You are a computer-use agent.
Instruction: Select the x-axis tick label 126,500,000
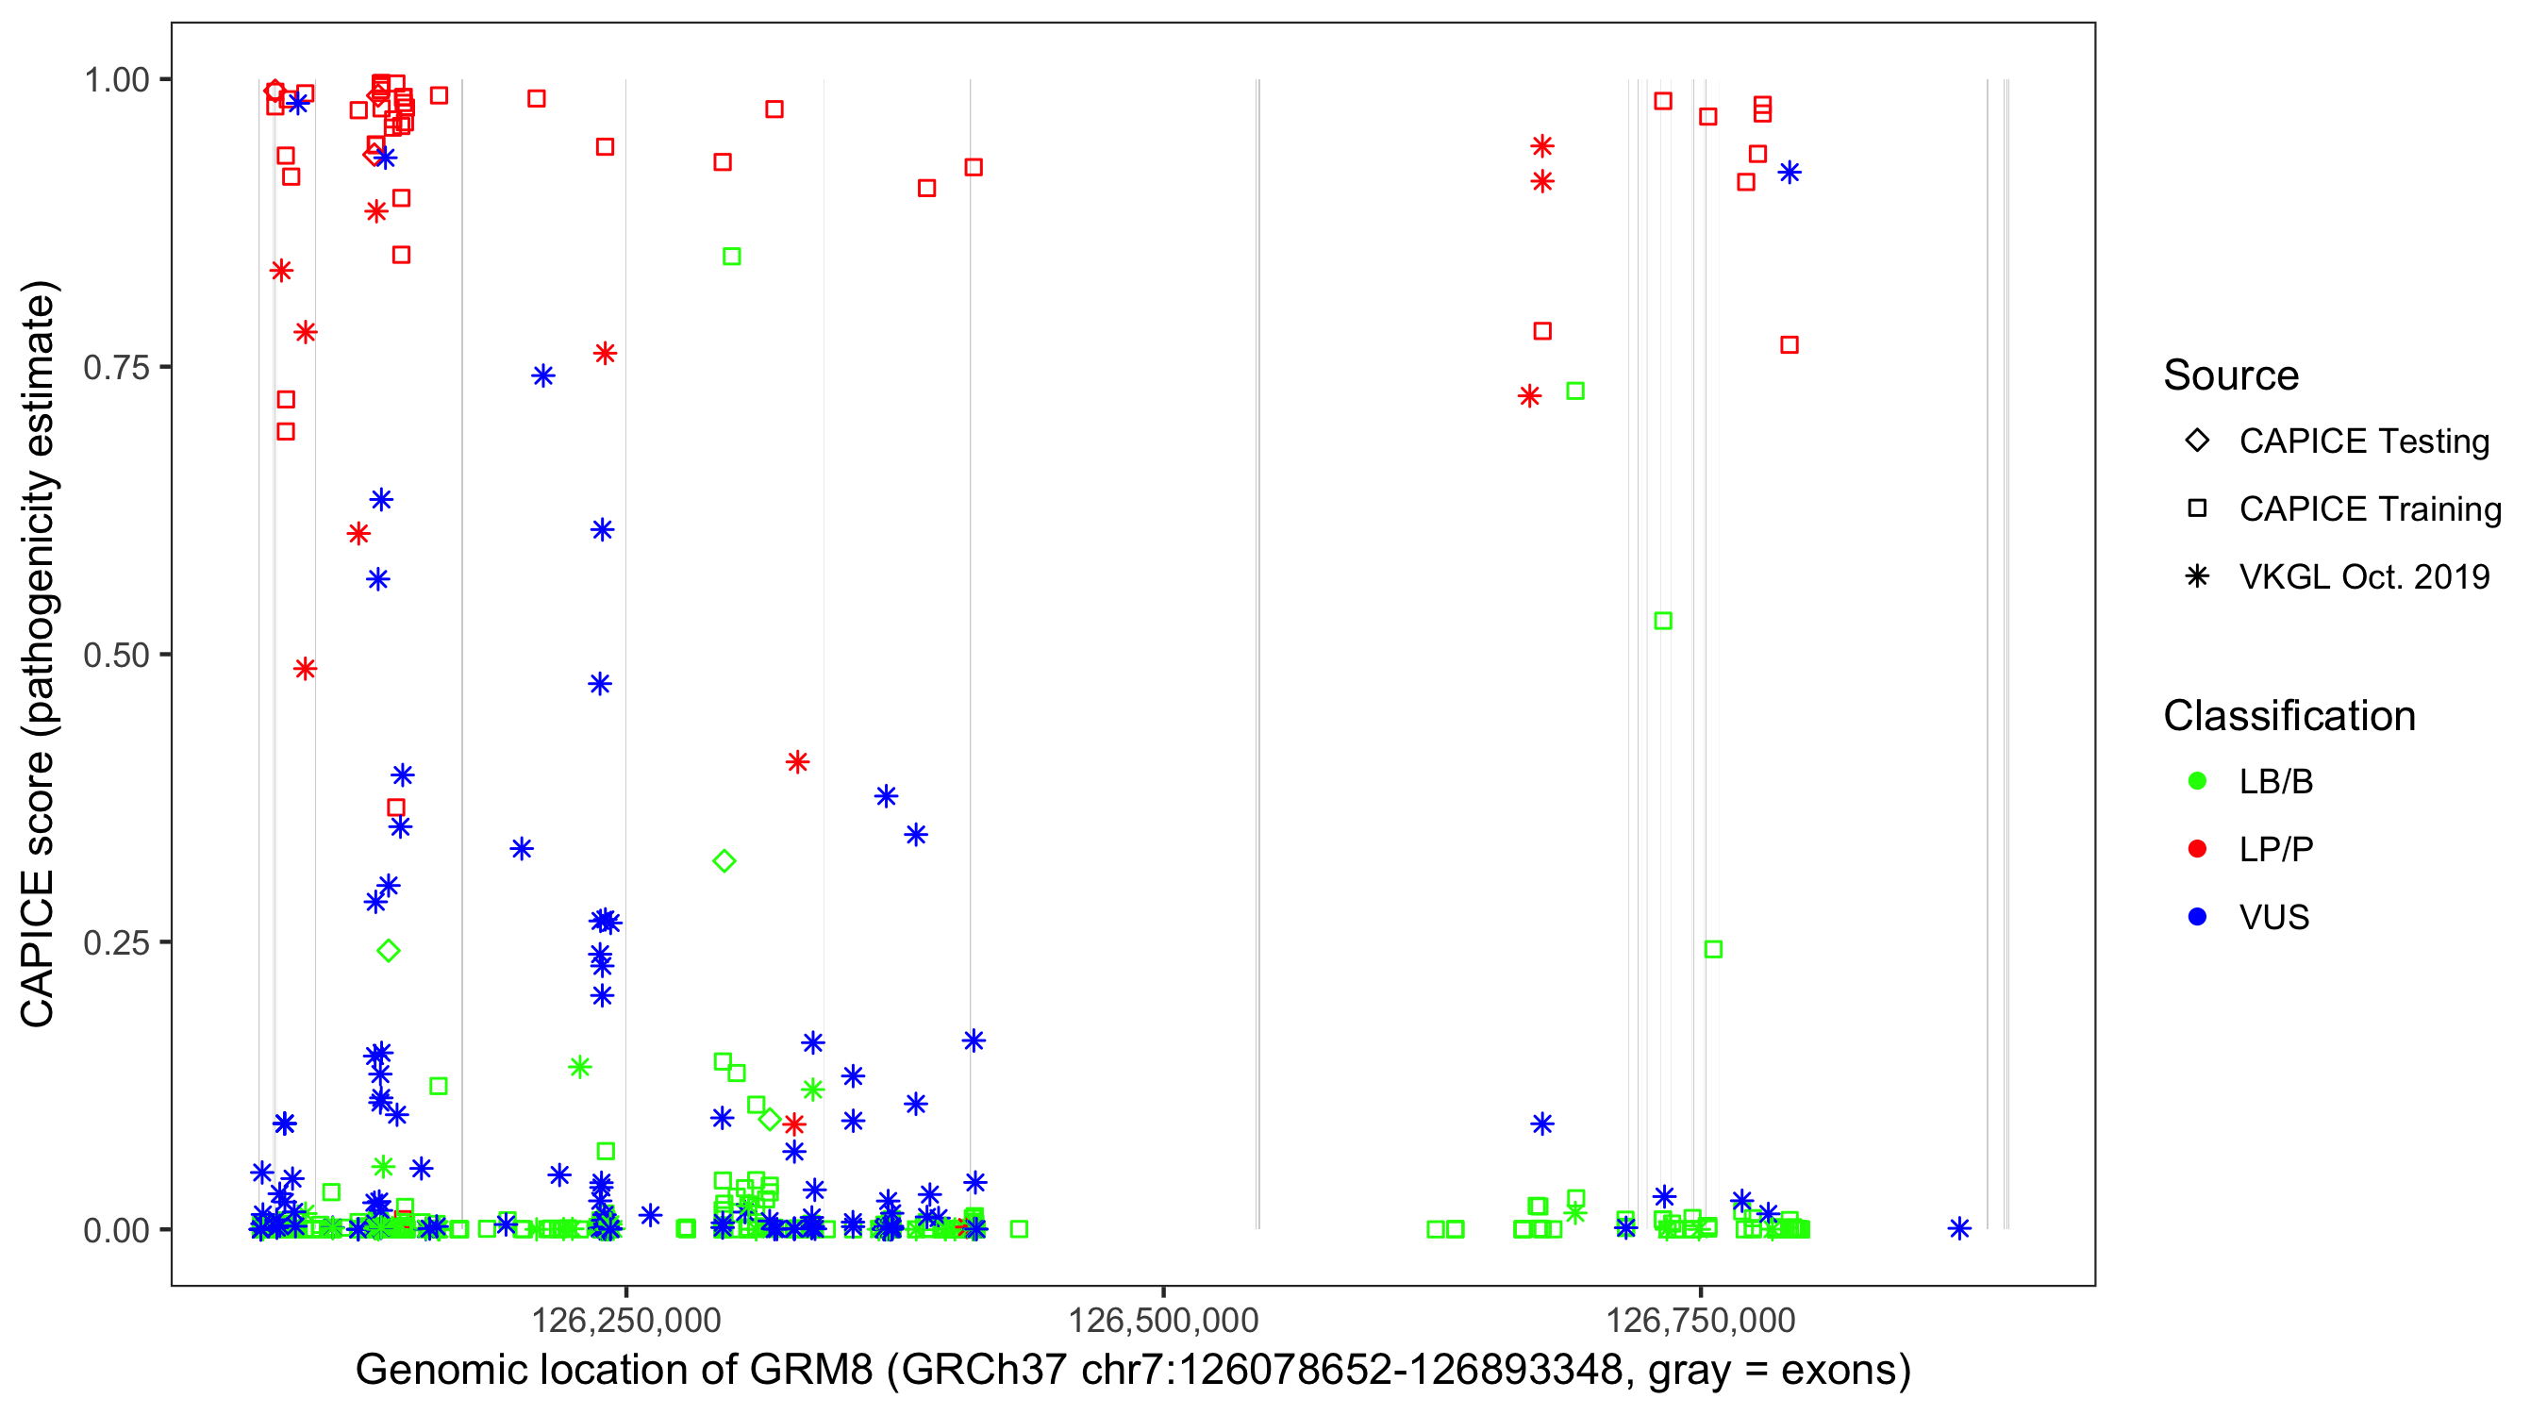1163,1320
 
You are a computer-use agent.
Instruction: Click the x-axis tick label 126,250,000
625,1320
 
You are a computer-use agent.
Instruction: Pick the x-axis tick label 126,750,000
1701,1320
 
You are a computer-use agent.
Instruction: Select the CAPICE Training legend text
2370,509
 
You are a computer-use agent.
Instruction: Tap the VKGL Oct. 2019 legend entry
2364,577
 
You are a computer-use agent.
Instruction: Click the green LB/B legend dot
2197,781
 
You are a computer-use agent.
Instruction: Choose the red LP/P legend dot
2197,849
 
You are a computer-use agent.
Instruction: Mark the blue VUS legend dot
2197,918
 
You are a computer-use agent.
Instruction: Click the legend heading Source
2231,375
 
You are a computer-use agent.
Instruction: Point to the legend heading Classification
2289,716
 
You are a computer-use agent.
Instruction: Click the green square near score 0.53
1663,621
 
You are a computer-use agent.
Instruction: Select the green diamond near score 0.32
724,861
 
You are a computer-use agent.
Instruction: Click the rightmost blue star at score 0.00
1959,1229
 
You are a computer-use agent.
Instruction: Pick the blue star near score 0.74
542,375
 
